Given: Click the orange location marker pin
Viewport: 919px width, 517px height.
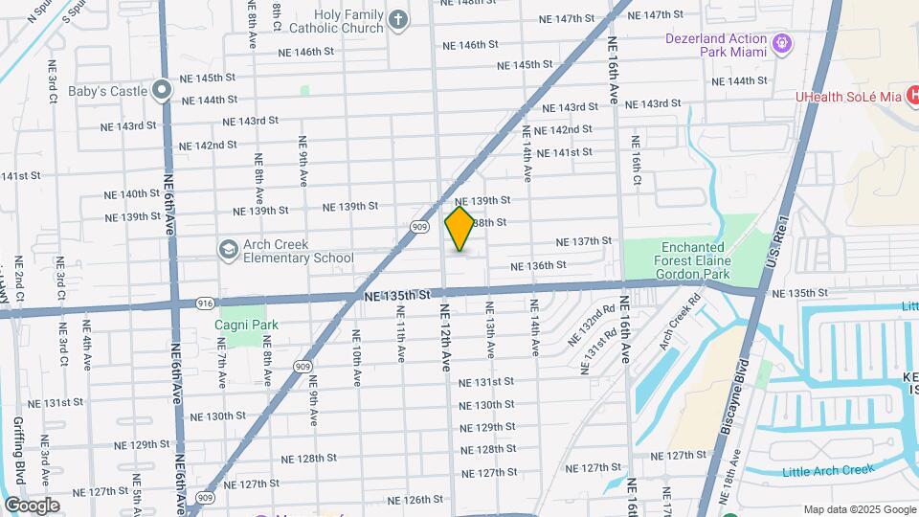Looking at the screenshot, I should pos(459,229).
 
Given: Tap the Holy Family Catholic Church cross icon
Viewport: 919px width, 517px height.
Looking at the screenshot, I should pos(397,17).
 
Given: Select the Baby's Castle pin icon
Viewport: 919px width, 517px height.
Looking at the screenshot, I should pos(162,91).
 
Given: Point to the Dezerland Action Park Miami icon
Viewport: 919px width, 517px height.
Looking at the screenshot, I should pos(783,42).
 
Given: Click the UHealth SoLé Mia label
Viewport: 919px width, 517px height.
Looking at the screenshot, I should pos(850,97).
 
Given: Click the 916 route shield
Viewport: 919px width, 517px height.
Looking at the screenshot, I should pos(205,303).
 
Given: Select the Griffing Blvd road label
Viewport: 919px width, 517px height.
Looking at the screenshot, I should pos(19,449).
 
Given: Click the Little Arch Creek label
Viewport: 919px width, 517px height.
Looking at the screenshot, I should pos(828,469).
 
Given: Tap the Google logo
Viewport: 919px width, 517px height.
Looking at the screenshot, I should pos(31,506).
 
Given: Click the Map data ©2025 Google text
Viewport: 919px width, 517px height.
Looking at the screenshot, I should pos(859,509).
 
